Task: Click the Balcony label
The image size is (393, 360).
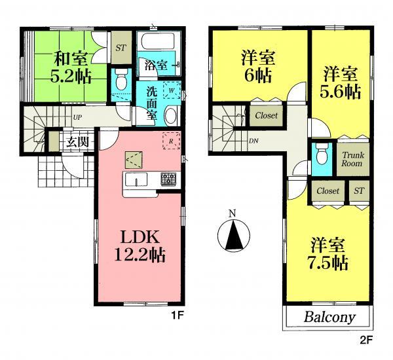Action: tap(329, 318)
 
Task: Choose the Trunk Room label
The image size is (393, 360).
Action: tap(352, 159)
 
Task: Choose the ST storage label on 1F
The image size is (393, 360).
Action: tap(121, 48)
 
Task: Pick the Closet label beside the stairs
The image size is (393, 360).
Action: tap(266, 116)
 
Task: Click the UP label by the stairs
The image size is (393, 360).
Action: tap(78, 117)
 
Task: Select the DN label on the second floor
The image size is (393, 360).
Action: tap(253, 140)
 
